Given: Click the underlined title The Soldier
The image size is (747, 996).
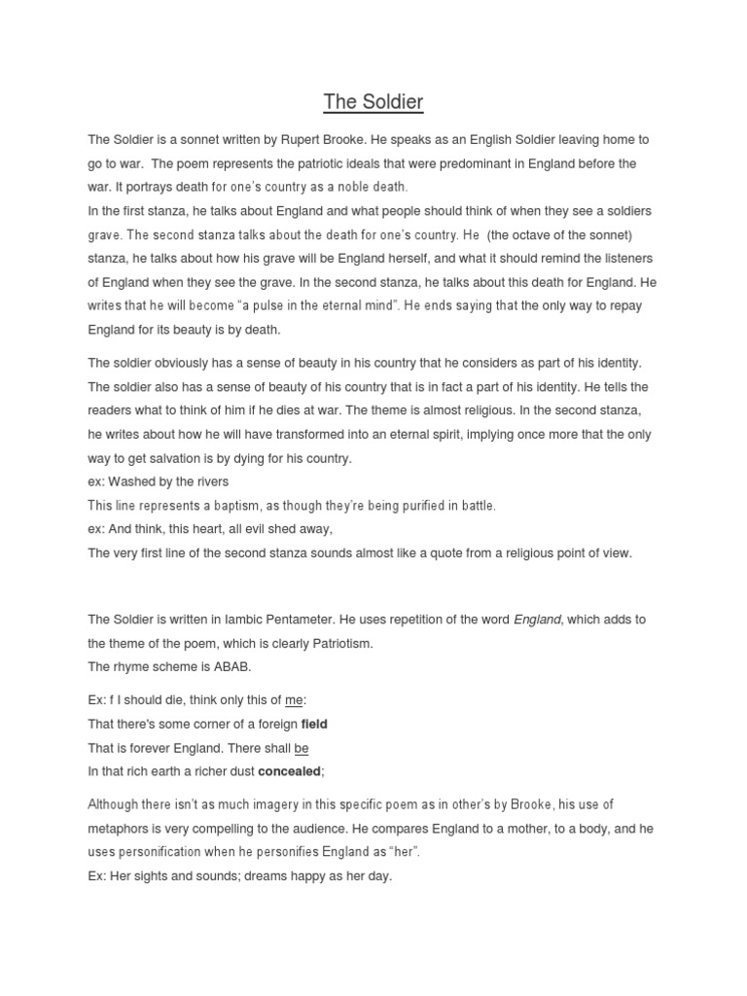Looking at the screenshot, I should point(373,101).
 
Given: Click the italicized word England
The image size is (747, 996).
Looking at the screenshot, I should point(538,620).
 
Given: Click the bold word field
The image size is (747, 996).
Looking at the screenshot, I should point(314,724).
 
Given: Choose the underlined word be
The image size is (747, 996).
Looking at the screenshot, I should point(301,748).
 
